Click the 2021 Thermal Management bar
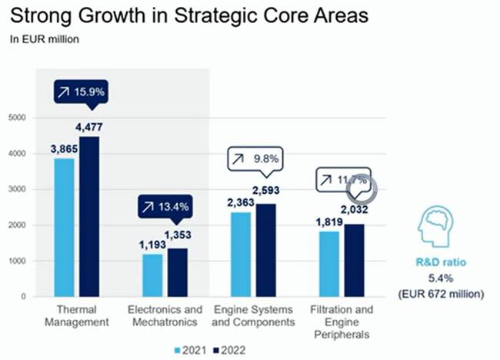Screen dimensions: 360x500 (x=64, y=227)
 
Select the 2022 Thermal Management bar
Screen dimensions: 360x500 (x=89, y=216)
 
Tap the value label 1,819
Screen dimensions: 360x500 (x=331, y=223)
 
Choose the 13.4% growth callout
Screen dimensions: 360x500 (x=165, y=206)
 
